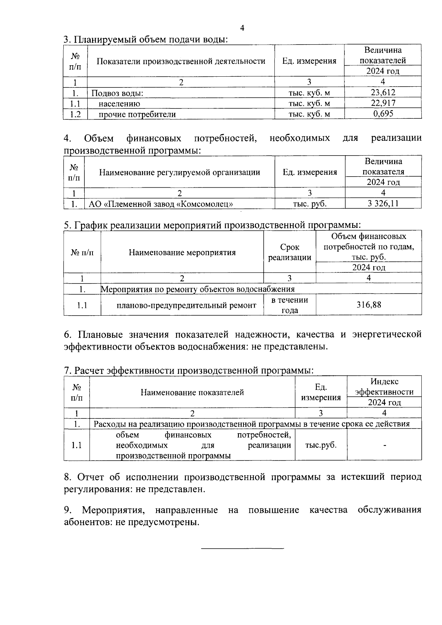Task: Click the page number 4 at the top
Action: pyautogui.click(x=242, y=28)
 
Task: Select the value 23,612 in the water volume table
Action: pyautogui.click(x=383, y=92)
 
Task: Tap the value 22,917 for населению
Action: pyautogui.click(x=383, y=103)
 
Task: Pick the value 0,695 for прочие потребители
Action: pyautogui.click(x=383, y=114)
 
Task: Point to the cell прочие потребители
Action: pyautogui.click(x=137, y=114)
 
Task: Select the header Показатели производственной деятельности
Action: pyautogui.click(x=181, y=61)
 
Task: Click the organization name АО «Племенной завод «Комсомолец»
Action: pyautogui.click(x=161, y=204)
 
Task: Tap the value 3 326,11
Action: pyautogui.click(x=383, y=203)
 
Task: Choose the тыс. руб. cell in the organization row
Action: pyautogui.click(x=309, y=204)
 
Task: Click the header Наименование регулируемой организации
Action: pyautogui.click(x=180, y=172)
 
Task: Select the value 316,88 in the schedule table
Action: pyautogui.click(x=369, y=305)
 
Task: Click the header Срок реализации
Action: pyautogui.click(x=290, y=252)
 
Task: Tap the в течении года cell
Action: pyautogui.click(x=290, y=305)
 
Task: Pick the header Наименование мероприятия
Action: pyautogui.click(x=182, y=253)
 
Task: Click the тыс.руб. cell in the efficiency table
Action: pyautogui.click(x=321, y=445)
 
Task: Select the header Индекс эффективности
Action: pyautogui.click(x=384, y=387)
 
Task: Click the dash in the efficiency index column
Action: pyautogui.click(x=384, y=446)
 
